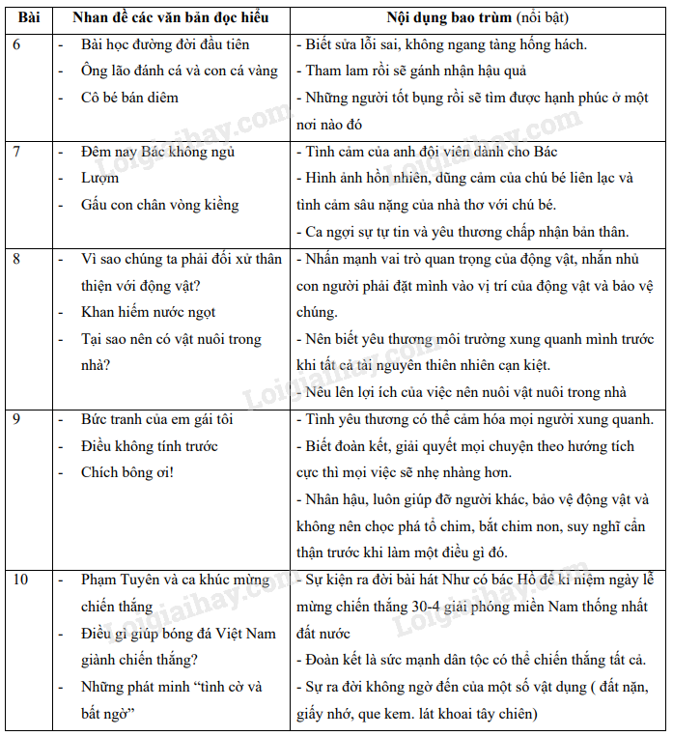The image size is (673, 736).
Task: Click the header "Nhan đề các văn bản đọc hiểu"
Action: click(170, 18)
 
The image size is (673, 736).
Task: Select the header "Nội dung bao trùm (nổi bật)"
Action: click(477, 18)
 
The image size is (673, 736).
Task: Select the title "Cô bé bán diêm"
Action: click(129, 98)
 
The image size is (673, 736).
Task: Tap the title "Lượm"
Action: click(100, 179)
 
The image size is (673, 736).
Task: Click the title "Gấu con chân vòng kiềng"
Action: click(159, 205)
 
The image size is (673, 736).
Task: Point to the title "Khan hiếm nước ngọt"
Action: click(148, 312)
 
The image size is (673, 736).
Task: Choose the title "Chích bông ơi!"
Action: click(127, 472)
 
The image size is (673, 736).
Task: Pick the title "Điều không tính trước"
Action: click(149, 446)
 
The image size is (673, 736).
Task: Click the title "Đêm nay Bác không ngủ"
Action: click(157, 152)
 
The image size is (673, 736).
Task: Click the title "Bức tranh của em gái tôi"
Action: click(156, 419)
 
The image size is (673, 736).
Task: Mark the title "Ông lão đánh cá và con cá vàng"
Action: click(179, 71)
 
